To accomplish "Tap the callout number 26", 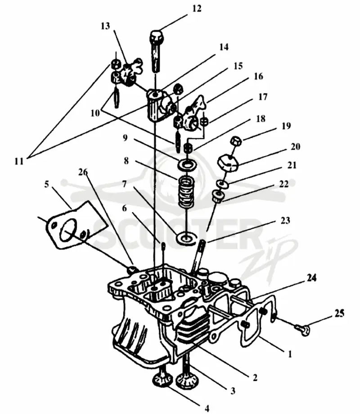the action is [x=83, y=172].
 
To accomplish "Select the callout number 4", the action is [x=207, y=409].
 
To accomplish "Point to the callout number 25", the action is [x=339, y=313].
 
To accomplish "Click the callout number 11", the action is [x=19, y=161].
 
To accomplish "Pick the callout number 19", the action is [x=286, y=126].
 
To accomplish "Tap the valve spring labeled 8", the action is [x=187, y=192].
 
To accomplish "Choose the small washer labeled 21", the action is [x=222, y=184].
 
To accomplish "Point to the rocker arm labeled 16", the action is [x=194, y=114].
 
